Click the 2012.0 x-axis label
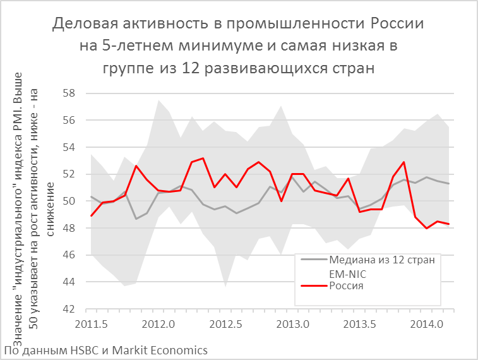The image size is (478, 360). pos(158,325)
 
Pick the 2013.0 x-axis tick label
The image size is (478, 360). pos(292,325)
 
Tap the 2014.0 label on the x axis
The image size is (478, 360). pos(426,325)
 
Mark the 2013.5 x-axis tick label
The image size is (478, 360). pos(359,325)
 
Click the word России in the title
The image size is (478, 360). pos(397,25)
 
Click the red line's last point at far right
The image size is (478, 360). pos(449,224)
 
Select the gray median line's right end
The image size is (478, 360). pos(449,184)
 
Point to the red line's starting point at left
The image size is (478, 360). pos(92,216)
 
